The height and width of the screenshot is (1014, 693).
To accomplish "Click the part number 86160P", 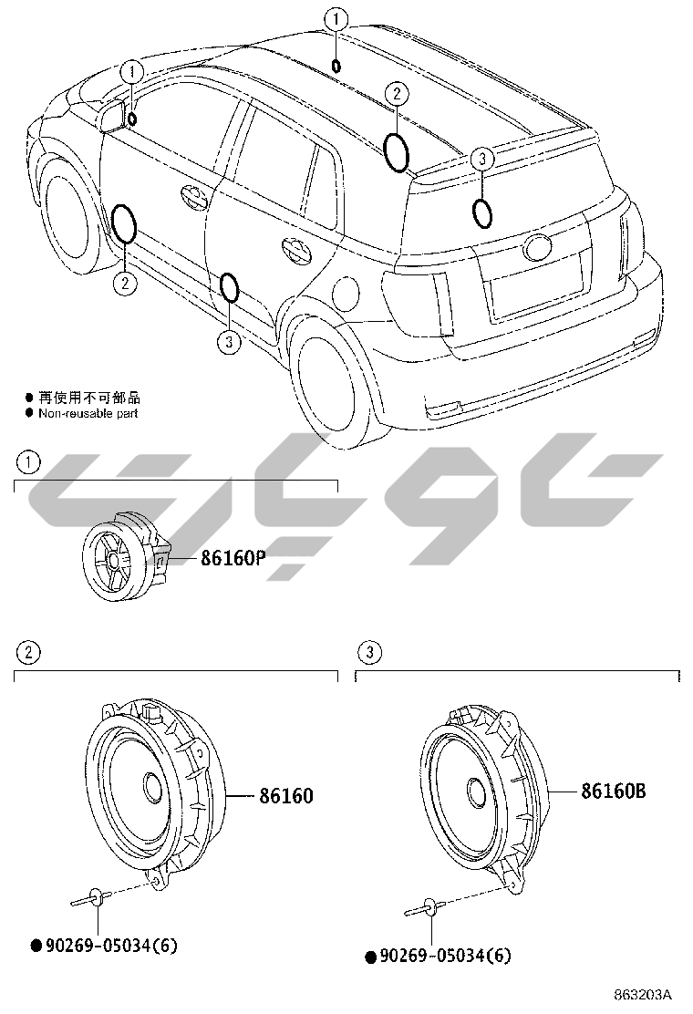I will pyautogui.click(x=233, y=559).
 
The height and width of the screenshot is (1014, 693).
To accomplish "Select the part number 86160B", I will pyautogui.click(x=614, y=792).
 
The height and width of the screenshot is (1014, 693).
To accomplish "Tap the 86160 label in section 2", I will pyautogui.click(x=285, y=796).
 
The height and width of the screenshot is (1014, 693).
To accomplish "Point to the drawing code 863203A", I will pyautogui.click(x=642, y=994).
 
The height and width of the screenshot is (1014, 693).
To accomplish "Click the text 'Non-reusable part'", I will pyautogui.click(x=88, y=413).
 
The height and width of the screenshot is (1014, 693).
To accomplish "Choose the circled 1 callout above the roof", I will pyautogui.click(x=337, y=17).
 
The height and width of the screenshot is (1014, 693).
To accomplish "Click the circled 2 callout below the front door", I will pyautogui.click(x=125, y=283).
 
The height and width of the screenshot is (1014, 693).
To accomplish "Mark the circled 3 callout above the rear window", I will pyautogui.click(x=482, y=160).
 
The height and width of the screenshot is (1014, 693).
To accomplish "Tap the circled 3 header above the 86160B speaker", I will pyautogui.click(x=368, y=652).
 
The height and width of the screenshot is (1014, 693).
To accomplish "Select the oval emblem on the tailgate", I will pyautogui.click(x=537, y=246).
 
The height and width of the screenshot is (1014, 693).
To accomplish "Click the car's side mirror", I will pyautogui.click(x=113, y=117).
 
